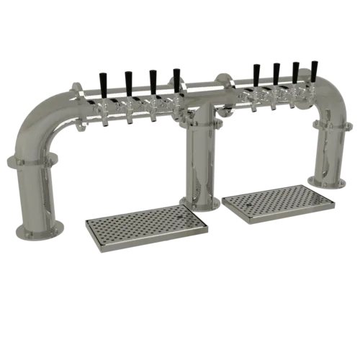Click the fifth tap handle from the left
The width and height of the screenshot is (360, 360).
[x=255, y=73]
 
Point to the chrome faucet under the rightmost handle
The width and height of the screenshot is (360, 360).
[x=311, y=99]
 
